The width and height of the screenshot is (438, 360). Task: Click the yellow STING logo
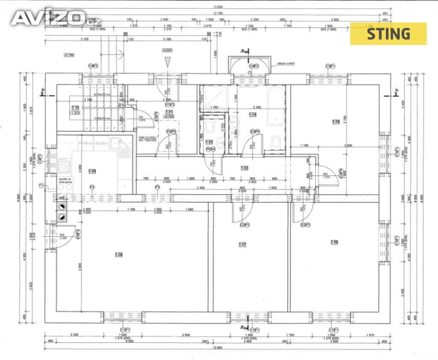pos(388,33)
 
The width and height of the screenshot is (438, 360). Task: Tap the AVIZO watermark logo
pos(50,18)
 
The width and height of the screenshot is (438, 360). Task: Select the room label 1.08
pos(119,255)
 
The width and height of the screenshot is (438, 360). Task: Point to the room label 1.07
pos(243,245)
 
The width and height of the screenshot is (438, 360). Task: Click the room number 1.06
pos(334,242)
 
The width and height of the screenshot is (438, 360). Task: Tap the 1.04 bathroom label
pos(253,115)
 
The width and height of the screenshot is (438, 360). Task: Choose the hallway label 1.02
pos(244,168)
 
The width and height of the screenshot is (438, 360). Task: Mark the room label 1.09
pos(92,171)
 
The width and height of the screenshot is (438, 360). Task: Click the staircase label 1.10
pos(75,107)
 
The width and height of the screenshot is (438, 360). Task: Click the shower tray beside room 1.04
pos(213,99)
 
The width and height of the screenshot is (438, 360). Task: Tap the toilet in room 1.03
pos(210,127)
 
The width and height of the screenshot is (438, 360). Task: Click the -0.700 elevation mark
pos(68,55)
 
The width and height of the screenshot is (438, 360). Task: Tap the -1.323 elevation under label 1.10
pos(75,113)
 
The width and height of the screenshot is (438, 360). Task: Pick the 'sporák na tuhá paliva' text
pos(65,181)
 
